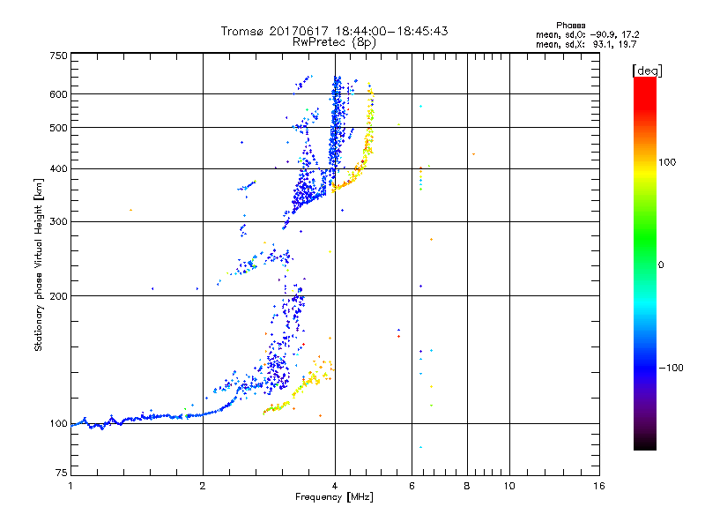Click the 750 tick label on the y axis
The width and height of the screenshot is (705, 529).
[58, 55]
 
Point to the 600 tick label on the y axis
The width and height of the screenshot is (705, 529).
[58, 93]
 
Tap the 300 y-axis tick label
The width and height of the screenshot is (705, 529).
[58, 221]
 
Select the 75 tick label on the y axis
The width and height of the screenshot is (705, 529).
[61, 478]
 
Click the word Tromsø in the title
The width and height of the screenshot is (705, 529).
[244, 31]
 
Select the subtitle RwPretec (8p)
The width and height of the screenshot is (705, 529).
[335, 41]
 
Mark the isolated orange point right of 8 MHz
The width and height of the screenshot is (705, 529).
[474, 154]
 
